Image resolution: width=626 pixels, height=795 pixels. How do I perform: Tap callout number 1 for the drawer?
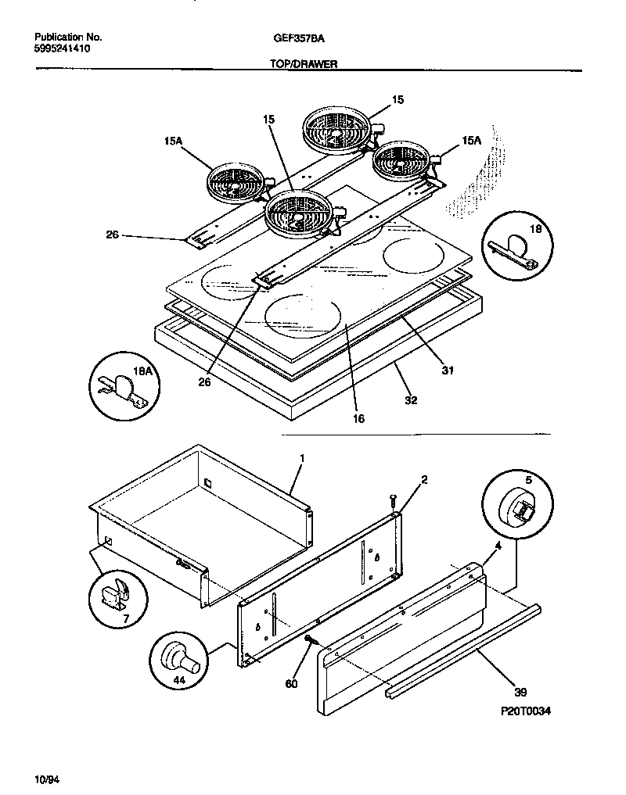click(x=302, y=457)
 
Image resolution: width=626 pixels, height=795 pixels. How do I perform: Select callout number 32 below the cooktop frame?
click(x=411, y=399)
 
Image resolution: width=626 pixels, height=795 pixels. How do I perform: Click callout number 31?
click(x=448, y=370)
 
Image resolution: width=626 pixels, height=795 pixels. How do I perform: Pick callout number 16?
click(x=358, y=418)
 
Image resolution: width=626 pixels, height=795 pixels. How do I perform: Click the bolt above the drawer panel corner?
click(x=391, y=500)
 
